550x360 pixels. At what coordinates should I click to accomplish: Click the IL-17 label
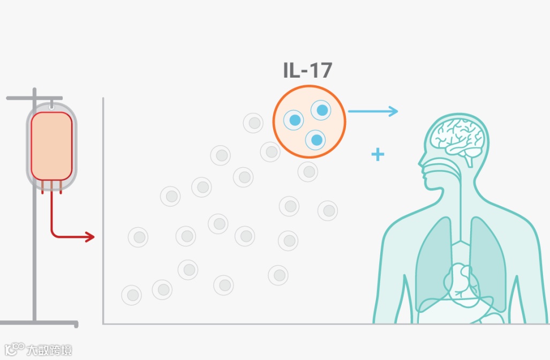(x=308, y=71)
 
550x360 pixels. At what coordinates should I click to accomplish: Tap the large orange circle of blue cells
(x=309, y=122)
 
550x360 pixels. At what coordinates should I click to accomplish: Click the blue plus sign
(x=378, y=155)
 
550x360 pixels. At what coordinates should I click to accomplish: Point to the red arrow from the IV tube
(x=70, y=236)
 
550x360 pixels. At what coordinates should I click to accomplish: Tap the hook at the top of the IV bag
(x=51, y=106)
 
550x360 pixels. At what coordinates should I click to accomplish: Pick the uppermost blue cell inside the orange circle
(x=321, y=110)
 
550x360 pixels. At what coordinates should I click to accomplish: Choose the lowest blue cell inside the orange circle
(x=315, y=140)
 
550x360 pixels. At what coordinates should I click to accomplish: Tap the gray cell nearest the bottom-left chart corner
(x=131, y=295)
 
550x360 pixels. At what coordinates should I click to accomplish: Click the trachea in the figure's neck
(x=460, y=214)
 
